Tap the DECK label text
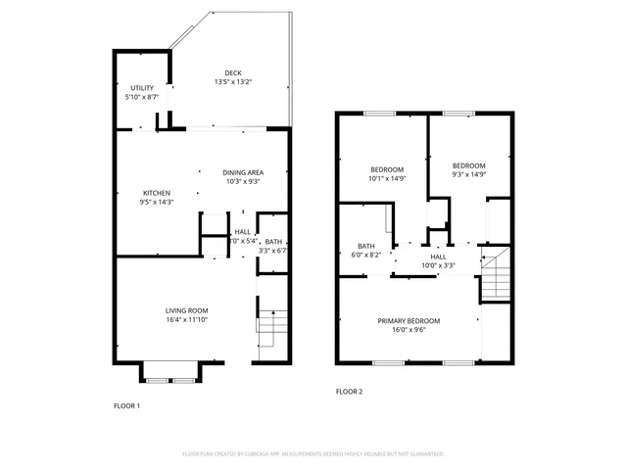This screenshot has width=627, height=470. click(232, 73)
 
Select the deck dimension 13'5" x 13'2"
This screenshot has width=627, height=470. click(232, 82)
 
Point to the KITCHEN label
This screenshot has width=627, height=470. click(158, 193)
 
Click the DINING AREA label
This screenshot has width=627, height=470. click(242, 172)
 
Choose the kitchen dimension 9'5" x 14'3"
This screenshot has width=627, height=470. click(158, 202)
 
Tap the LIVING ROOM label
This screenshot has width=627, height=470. click(186, 310)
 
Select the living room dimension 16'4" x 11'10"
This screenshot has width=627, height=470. click(186, 319)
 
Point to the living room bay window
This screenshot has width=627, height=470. click(170, 371)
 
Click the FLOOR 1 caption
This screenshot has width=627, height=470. click(127, 405)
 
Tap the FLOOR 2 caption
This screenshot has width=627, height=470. click(349, 392)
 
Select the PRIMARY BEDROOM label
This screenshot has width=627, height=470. click(410, 321)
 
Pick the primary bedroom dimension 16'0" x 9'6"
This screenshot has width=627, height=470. click(410, 330)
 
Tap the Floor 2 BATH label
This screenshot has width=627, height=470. click(366, 246)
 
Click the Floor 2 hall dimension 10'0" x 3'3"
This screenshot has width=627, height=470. click(438, 264)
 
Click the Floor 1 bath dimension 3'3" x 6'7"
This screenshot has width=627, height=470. click(273, 251)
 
